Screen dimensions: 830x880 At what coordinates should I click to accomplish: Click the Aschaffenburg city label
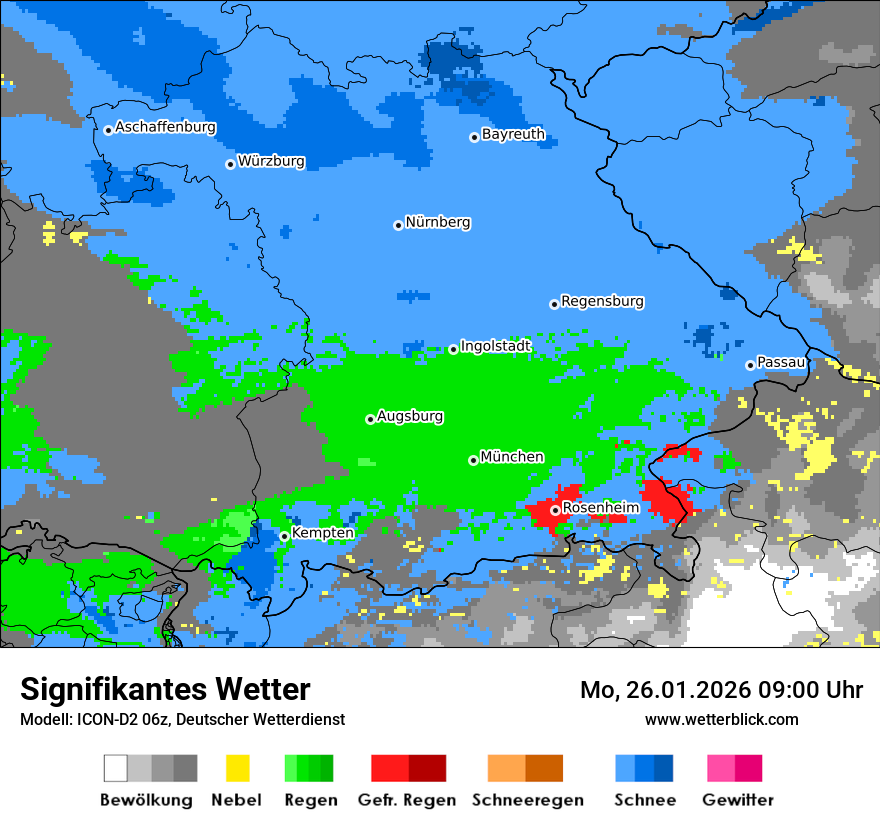coord(165,128)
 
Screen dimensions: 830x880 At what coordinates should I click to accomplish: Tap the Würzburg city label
coord(271,161)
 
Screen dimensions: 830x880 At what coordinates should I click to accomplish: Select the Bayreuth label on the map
coord(513,134)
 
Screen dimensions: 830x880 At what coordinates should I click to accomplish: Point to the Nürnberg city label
coord(438,222)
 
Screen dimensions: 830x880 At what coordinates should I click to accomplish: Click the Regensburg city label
coord(602,301)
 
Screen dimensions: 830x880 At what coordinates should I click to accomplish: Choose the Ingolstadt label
coord(495,346)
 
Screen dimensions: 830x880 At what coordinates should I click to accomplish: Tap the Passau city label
coord(781,362)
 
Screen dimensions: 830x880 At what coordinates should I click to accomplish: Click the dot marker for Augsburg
coord(370,419)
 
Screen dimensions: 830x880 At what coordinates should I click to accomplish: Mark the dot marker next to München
coord(473,460)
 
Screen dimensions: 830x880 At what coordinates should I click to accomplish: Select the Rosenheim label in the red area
coord(600,508)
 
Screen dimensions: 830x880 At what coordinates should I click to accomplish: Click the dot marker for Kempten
coord(284,536)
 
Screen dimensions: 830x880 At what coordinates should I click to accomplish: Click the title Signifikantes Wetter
coord(165,689)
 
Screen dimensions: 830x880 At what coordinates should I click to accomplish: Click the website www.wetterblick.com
coord(721,719)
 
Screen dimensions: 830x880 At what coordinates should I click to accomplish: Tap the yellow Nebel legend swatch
coord(237,768)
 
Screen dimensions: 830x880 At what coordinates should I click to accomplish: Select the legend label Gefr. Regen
coord(407,800)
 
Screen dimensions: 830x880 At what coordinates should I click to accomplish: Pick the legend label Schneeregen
coord(528,800)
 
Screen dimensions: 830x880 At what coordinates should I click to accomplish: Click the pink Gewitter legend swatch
coord(721,768)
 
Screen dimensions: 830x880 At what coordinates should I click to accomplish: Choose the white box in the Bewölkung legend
coord(116,768)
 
